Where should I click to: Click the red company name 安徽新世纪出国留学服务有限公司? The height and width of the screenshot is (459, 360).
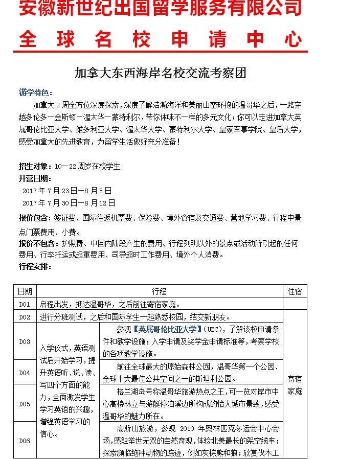tap(160, 9)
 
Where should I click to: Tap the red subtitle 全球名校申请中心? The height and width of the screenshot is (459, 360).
tap(160, 39)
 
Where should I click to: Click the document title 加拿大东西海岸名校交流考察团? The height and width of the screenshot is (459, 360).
tap(160, 73)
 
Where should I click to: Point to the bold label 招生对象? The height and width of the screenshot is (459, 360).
tap(35, 166)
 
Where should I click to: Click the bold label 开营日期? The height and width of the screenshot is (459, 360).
tap(35, 178)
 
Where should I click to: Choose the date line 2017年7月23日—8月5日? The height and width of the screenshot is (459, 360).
tap(67, 191)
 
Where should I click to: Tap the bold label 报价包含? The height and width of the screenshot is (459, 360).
tap(35, 218)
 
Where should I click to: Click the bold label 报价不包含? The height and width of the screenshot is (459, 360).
tap(38, 243)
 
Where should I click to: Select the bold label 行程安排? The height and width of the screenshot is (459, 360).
tap(35, 266)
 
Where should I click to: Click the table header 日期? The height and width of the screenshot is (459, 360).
tap(25, 291)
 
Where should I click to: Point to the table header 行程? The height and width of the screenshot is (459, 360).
tap(159, 291)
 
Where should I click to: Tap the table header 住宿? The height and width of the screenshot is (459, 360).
tap(295, 291)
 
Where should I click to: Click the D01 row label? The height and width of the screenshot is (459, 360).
tap(25, 304)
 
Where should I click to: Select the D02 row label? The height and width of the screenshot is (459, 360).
tap(25, 317)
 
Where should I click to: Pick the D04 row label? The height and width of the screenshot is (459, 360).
tap(25, 373)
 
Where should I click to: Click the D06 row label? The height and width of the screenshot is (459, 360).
tap(25, 441)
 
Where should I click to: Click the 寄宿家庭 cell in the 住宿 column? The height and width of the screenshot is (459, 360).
tap(295, 385)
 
